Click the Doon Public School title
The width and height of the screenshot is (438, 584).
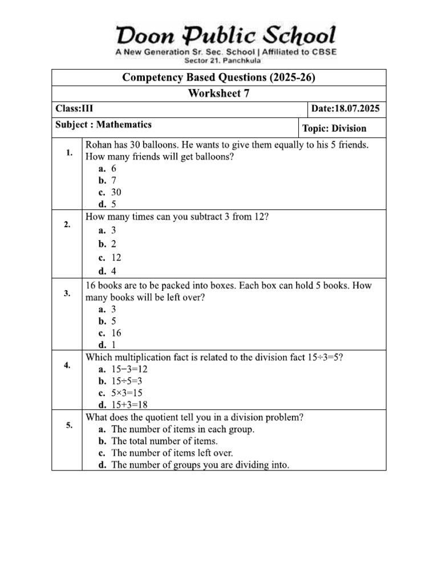pyautogui.click(x=226, y=36)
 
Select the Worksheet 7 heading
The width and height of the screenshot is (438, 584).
pyautogui.click(x=219, y=94)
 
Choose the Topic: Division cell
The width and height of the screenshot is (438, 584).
pyautogui.click(x=334, y=128)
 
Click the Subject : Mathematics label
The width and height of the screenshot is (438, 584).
pyautogui.click(x=103, y=124)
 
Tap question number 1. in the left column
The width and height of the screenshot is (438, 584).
pyautogui.click(x=69, y=153)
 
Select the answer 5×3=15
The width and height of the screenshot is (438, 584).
pyautogui.click(x=127, y=393)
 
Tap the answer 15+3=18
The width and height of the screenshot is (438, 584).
pyautogui.click(x=129, y=405)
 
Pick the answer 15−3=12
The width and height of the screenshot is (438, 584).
pyautogui.click(x=129, y=369)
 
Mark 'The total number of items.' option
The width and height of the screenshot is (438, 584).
pyautogui.click(x=164, y=441)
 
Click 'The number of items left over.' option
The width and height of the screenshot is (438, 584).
pyautogui.click(x=172, y=453)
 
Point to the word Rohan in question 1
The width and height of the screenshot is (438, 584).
pyautogui.click(x=98, y=145)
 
